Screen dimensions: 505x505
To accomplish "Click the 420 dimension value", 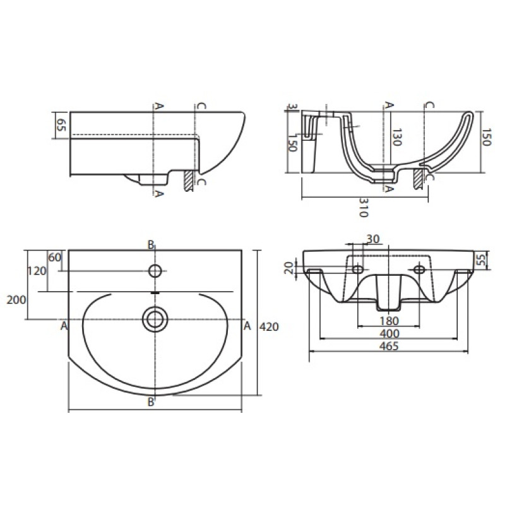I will pyautogui.click(x=270, y=326).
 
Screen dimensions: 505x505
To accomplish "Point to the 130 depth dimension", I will pyautogui.click(x=396, y=137).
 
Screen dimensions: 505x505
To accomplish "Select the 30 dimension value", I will pyautogui.click(x=373, y=239).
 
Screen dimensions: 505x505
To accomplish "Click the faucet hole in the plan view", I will pyautogui.click(x=155, y=271).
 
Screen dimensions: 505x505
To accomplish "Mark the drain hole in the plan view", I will pyautogui.click(x=154, y=318).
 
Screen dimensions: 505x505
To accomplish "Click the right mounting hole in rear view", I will pyautogui.click(x=419, y=270).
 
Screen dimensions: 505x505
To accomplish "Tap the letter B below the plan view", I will pyautogui.click(x=151, y=403).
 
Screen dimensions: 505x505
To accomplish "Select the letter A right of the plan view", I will pyautogui.click(x=247, y=326).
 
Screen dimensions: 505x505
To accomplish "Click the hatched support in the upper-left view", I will pyautogui.click(x=187, y=181).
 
